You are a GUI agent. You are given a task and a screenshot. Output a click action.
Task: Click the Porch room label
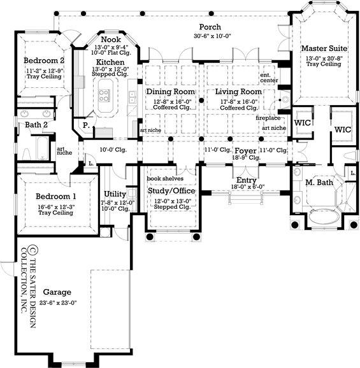point(210,27)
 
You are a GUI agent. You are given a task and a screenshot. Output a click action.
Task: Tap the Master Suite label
point(324,48)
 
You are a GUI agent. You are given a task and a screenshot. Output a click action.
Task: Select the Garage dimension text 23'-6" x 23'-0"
point(58,303)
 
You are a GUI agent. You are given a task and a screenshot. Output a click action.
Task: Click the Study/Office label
point(171,190)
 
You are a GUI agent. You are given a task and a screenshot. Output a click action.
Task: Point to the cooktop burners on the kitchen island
point(104,96)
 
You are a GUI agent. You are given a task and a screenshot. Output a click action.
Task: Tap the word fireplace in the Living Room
point(268,118)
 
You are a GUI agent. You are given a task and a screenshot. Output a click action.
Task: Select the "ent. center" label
point(269,78)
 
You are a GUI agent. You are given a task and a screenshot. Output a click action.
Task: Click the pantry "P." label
point(86,125)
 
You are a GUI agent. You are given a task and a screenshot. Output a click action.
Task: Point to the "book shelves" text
point(165,179)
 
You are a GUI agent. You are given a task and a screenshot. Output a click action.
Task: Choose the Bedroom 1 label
point(56,196)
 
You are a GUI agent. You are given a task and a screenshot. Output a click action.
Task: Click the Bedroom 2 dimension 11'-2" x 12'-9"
point(44,71)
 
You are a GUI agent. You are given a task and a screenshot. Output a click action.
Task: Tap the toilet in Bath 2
point(26,153)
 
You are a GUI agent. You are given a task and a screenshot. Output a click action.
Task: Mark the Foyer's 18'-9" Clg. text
point(246,158)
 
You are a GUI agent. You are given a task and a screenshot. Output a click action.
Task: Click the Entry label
point(247,180)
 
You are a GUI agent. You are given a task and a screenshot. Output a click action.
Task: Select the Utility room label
point(115,194)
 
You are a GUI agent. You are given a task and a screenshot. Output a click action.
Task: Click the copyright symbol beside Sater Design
point(32,250)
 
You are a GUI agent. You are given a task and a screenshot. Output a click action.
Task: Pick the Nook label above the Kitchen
point(111,39)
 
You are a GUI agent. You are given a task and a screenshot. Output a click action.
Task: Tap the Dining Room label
point(171,92)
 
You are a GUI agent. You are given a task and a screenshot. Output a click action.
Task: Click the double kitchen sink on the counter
point(132,97)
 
